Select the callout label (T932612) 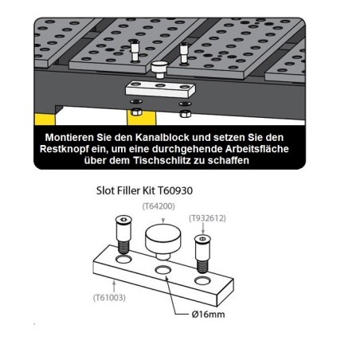(207, 217)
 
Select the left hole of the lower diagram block (123, 260)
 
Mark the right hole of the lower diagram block (203, 282)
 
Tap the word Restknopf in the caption (76, 149)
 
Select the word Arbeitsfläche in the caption (249, 149)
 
